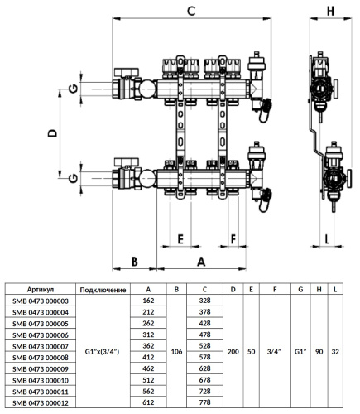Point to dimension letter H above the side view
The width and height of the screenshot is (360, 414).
click(x=330, y=12)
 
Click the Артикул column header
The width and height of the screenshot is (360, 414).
click(x=41, y=290)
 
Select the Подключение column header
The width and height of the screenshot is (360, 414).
click(x=103, y=290)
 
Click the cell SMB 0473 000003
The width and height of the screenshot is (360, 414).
click(x=41, y=301)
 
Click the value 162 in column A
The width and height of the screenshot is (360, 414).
click(x=150, y=301)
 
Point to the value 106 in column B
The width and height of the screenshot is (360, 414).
click(x=176, y=351)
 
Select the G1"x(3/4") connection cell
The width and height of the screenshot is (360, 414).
click(x=103, y=351)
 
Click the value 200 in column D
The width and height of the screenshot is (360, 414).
click(x=233, y=351)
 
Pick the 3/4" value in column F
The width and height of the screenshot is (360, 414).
click(x=273, y=351)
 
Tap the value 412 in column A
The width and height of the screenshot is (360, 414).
click(x=150, y=356)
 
